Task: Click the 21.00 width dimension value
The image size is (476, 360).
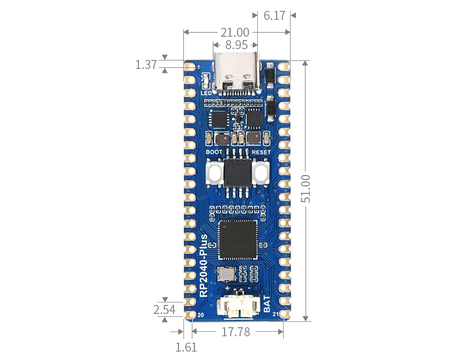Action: coord(235,33)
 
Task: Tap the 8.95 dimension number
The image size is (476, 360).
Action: coord(236,45)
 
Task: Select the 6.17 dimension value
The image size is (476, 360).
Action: coord(274,15)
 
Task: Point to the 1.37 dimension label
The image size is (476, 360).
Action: coord(146,64)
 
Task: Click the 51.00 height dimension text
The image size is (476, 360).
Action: coord(306,188)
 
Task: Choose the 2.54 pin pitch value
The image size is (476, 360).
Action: coord(164,309)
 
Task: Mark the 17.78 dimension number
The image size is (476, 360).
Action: coord(236,332)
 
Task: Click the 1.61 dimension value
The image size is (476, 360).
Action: coord(186,347)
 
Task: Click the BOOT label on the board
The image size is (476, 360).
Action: coord(214,152)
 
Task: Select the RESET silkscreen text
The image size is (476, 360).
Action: coord(261,152)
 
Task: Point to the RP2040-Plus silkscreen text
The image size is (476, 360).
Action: coord(204,265)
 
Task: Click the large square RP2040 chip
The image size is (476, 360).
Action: coord(238,240)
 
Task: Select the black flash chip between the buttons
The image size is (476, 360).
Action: coord(238,174)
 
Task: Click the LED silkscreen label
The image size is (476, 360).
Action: coord(206,93)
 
